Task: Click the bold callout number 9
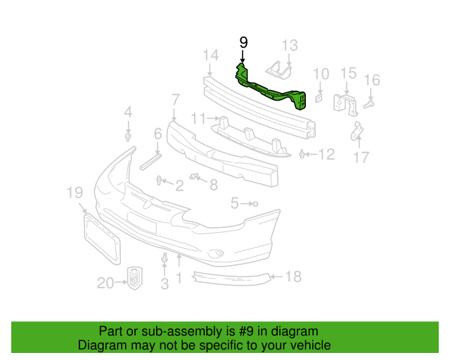point(243,42)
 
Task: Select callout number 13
point(290,46)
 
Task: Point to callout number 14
point(211,56)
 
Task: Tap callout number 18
point(292,277)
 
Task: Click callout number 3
point(165,284)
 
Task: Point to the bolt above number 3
point(165,259)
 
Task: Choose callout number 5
point(234,203)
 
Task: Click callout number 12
point(326,154)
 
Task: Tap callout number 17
point(361,158)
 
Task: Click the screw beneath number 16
point(370,103)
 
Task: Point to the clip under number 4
point(128,136)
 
